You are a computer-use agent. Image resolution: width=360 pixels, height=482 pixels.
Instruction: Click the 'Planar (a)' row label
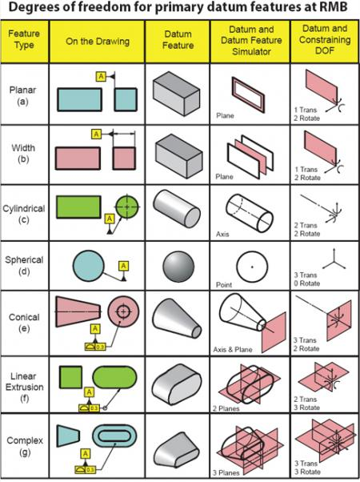point(25,95)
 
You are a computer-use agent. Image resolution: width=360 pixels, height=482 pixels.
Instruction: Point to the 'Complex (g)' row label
point(25,444)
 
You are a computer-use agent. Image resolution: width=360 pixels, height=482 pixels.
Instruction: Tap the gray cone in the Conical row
point(176,324)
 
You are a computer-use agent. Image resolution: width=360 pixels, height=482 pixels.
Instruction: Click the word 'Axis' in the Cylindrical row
point(223,235)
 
